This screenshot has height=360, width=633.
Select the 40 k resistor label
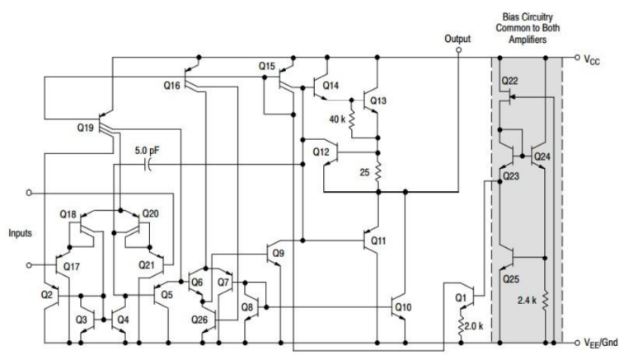[337, 119]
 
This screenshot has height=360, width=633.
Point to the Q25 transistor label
[511, 278]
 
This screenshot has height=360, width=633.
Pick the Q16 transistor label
[171, 85]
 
